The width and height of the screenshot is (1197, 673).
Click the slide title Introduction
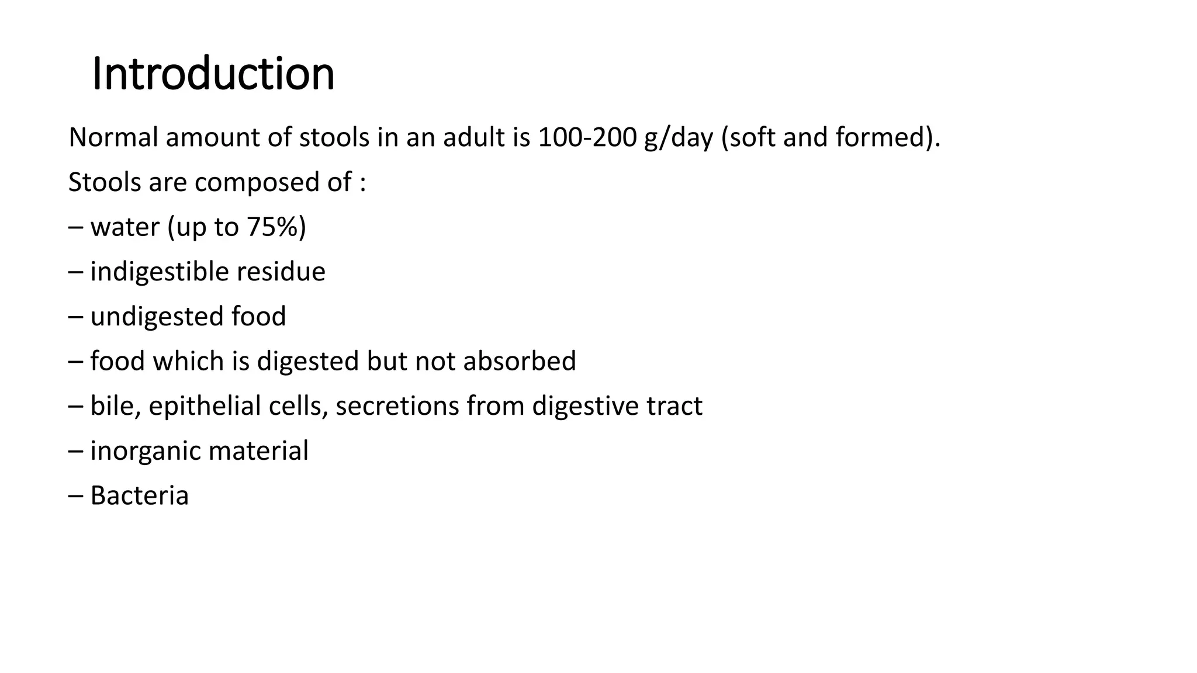[x=213, y=74]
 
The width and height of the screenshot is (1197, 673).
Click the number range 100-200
[x=587, y=138]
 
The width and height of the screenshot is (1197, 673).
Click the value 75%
[x=273, y=227]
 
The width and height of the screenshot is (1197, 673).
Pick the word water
[x=125, y=227]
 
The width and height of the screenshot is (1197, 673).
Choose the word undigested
[x=157, y=317]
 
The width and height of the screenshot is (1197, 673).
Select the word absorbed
[x=520, y=361]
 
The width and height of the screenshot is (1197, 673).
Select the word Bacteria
[x=140, y=496]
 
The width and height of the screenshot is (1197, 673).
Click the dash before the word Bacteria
[x=75, y=496]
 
